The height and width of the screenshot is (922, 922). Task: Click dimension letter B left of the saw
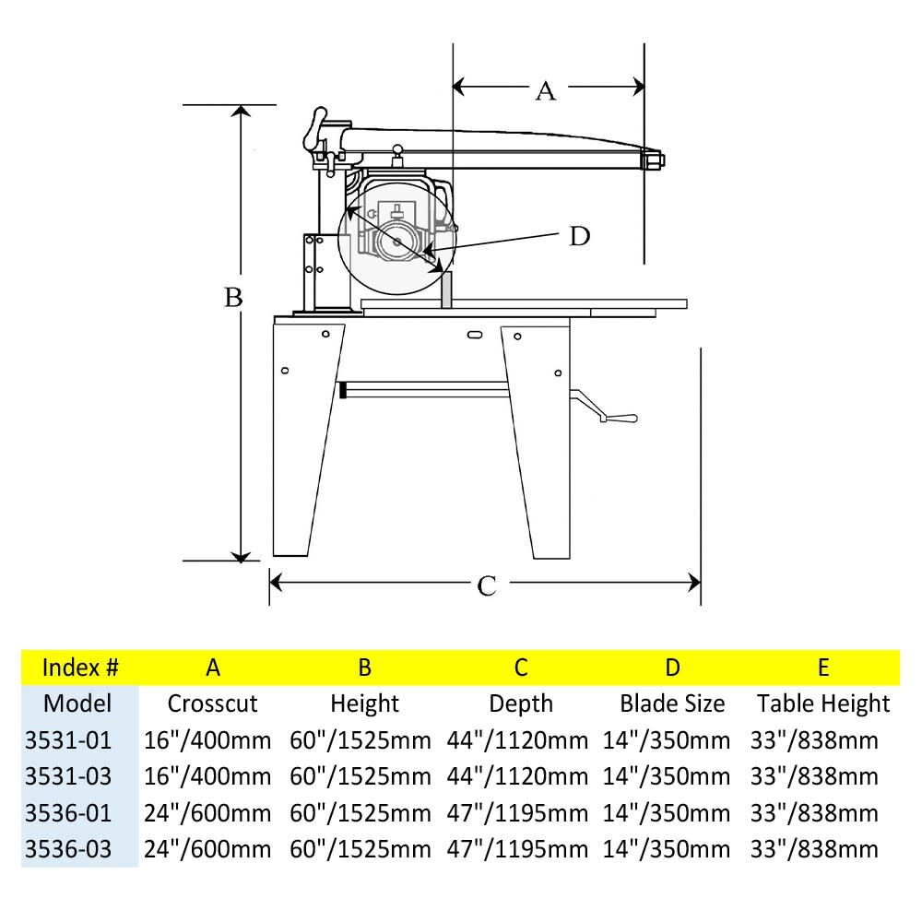coord(233,297)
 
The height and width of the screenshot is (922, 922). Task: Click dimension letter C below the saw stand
coord(487,585)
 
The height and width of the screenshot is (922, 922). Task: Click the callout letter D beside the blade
coord(578,236)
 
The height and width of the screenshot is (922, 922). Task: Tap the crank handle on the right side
coord(618,418)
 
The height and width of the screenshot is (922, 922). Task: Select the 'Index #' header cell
coord(80,667)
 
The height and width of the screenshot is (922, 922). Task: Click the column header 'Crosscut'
coord(212,703)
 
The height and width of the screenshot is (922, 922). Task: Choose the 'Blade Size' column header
coord(672,703)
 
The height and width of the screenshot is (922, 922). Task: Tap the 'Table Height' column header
coord(823,703)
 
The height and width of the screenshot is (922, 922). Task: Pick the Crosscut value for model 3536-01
coord(208,812)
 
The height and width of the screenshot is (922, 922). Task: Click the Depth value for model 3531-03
coord(517,776)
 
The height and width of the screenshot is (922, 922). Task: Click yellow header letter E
coord(822,667)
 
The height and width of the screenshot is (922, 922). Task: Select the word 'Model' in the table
coord(77,703)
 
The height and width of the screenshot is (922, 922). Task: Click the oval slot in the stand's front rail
coord(474,334)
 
